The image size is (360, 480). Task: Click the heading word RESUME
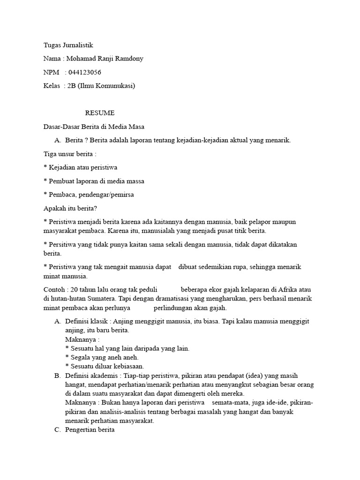(x=99, y=113)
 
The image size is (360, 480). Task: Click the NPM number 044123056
(x=85, y=72)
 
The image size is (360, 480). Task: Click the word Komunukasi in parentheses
(x=116, y=86)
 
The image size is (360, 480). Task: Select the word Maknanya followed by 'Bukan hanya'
(x=81, y=403)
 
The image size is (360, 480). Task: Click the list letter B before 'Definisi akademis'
(x=57, y=375)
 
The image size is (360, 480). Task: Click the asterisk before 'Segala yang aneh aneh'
(x=67, y=358)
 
